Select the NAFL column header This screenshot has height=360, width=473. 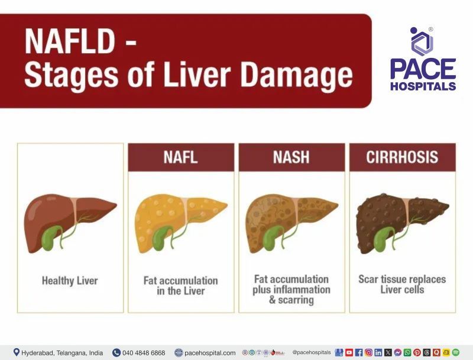point(180,157)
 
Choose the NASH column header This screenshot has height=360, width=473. point(291,157)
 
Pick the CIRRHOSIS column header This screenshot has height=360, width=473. point(402,157)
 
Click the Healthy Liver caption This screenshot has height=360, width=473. point(70,281)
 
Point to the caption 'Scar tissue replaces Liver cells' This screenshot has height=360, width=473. point(402,284)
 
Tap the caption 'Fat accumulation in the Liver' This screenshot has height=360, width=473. point(180,286)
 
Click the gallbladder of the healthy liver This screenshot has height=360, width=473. point(51,236)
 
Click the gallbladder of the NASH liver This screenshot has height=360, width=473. point(273,237)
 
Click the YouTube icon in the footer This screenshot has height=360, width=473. point(349,353)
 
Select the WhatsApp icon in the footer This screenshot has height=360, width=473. point(407,353)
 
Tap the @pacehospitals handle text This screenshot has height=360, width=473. point(312,353)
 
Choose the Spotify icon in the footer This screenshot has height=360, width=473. point(456,353)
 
